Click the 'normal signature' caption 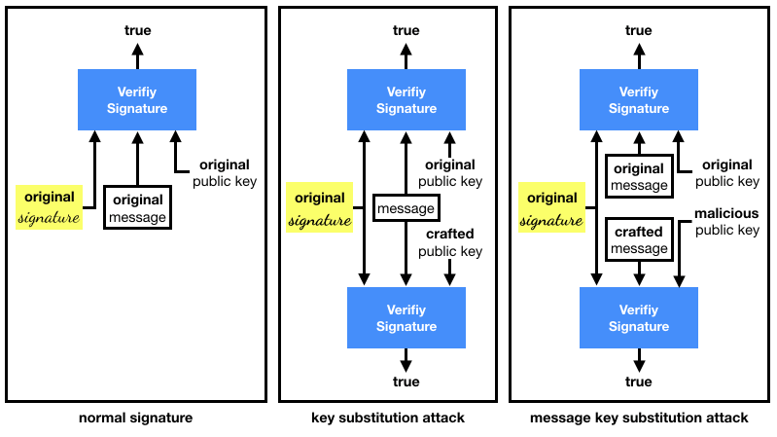(x=135, y=418)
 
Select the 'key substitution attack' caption (x=388, y=418)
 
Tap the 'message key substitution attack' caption (x=639, y=418)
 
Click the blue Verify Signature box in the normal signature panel (x=137, y=100)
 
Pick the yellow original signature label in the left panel (x=50, y=208)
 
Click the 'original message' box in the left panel (x=137, y=208)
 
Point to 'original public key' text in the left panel (x=225, y=172)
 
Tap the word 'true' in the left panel (x=137, y=31)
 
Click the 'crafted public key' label (x=449, y=242)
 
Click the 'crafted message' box (x=638, y=240)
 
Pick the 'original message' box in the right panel (x=638, y=176)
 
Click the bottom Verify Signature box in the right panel (x=638, y=317)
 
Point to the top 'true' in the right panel (x=638, y=31)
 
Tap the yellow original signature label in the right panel (x=551, y=208)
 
